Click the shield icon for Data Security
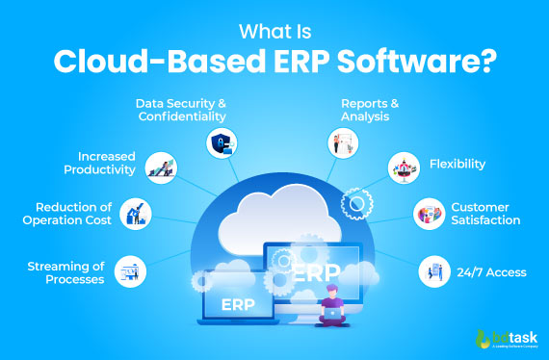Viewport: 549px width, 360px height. (221, 143)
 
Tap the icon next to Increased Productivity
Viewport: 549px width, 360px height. (160, 169)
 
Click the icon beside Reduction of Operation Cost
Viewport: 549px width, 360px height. (137, 215)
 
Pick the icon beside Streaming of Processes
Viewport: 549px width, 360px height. (128, 271)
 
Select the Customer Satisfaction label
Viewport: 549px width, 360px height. (485, 214)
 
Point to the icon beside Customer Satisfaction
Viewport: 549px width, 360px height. (427, 215)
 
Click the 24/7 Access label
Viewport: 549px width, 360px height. (491, 272)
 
